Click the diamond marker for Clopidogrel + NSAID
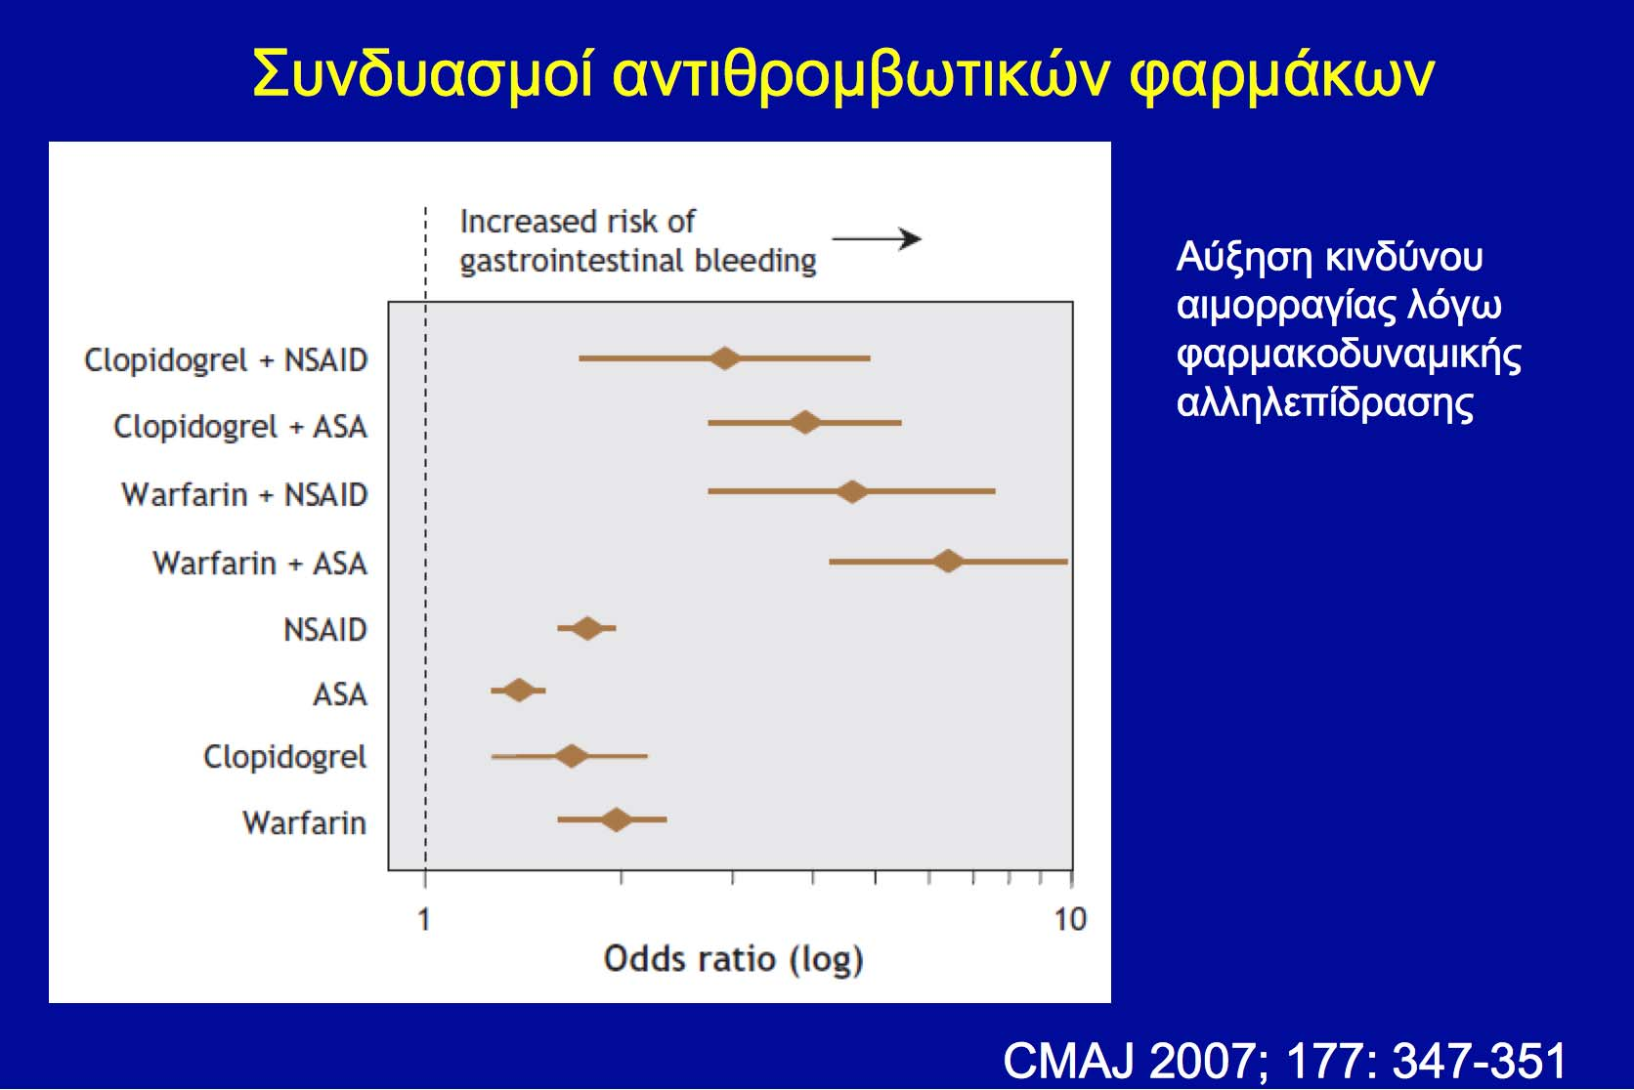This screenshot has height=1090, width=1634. click(x=724, y=358)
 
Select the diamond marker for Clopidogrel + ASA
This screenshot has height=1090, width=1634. click(x=804, y=422)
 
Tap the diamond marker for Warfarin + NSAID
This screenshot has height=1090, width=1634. click(x=852, y=491)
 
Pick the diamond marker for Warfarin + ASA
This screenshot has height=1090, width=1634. click(x=948, y=562)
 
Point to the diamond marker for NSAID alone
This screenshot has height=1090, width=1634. click(x=587, y=628)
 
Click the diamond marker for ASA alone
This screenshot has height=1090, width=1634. click(x=519, y=690)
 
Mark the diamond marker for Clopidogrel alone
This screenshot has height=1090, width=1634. click(x=572, y=756)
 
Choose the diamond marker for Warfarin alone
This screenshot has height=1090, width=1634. click(x=617, y=819)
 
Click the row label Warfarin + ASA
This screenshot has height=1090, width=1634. click(x=260, y=564)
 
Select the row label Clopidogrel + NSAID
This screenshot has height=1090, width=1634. click(x=226, y=360)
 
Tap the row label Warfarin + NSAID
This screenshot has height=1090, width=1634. click(x=244, y=494)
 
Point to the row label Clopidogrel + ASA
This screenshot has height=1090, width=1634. click(x=240, y=427)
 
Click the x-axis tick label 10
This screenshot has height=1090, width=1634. click(x=1070, y=919)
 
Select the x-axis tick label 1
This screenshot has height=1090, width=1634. click(x=424, y=919)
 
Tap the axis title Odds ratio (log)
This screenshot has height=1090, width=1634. click(x=734, y=959)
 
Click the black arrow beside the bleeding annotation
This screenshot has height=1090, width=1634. click(x=877, y=238)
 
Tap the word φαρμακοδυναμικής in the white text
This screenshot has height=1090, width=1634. click(x=1349, y=356)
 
